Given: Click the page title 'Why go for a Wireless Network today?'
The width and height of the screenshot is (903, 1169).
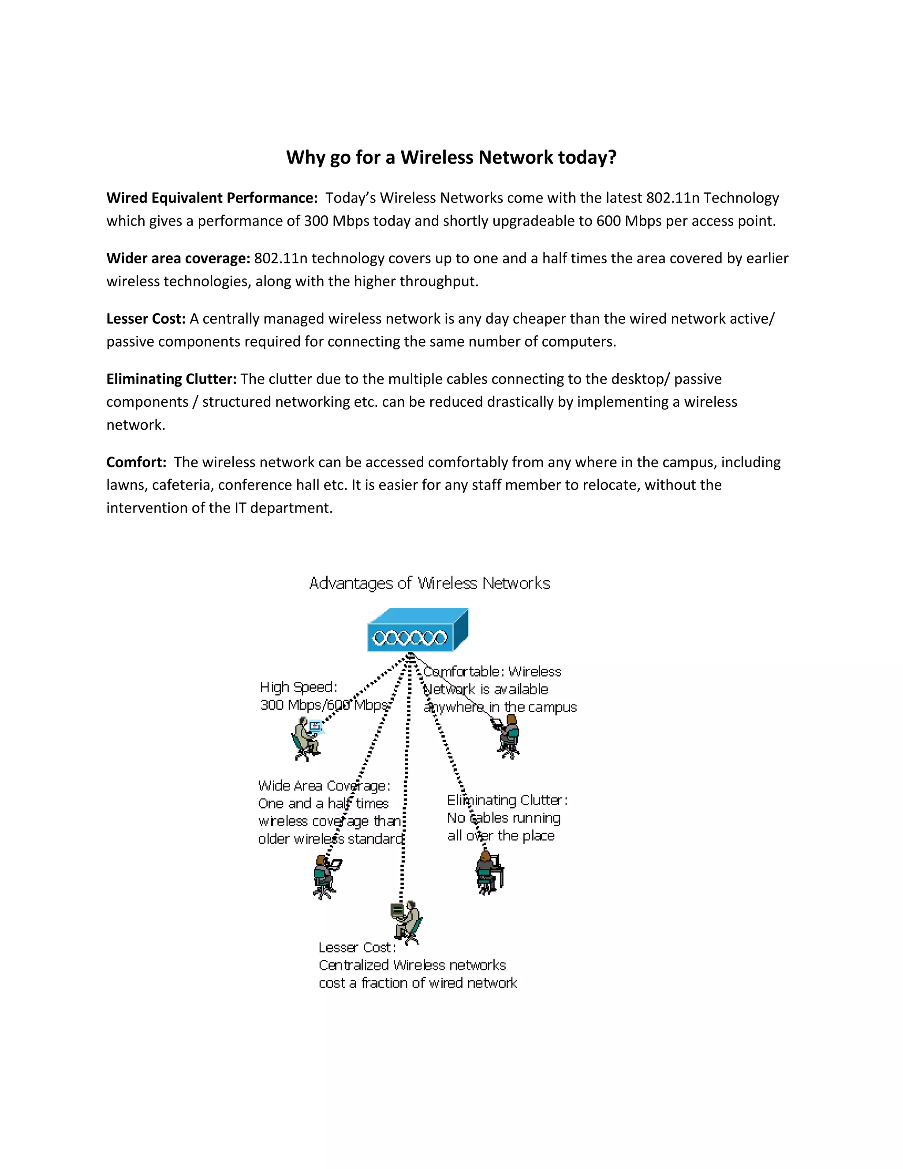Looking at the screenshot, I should click(451, 157).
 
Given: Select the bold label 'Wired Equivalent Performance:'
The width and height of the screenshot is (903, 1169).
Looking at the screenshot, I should click(212, 198).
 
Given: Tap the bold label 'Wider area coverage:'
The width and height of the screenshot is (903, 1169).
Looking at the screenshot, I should click(178, 259).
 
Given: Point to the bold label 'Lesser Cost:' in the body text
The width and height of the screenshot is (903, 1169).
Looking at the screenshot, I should click(146, 319).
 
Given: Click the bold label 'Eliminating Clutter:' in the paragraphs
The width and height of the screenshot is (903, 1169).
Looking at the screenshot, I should click(171, 379).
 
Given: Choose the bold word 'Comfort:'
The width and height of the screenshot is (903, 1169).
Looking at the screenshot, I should click(136, 462).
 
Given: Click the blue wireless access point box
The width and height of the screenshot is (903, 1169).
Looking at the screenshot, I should click(417, 630).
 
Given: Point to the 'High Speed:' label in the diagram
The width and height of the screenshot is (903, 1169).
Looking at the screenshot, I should click(299, 687).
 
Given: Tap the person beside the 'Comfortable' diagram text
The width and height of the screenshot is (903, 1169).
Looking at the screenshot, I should click(508, 736).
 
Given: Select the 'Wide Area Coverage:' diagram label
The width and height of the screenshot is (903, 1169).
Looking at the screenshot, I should click(324, 786).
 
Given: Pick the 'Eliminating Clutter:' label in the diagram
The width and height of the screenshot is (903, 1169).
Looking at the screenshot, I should click(507, 800).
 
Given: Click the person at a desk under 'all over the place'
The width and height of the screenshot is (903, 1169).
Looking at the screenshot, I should click(489, 873).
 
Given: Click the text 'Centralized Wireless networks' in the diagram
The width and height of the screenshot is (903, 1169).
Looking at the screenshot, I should click(412, 965).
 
